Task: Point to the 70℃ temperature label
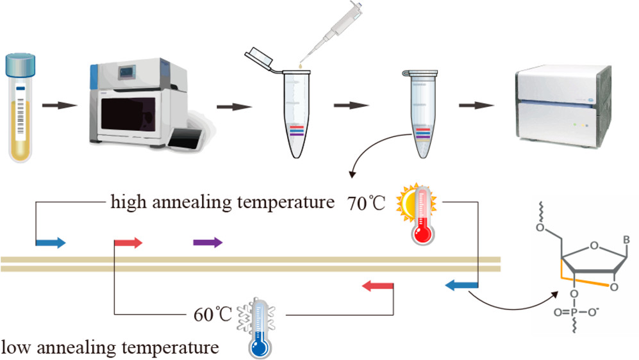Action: coord(367,204)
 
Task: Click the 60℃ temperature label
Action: coord(212,315)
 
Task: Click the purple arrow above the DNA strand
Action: coord(208,242)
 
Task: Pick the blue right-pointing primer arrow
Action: coord(51,242)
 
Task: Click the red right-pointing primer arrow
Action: coord(128,242)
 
